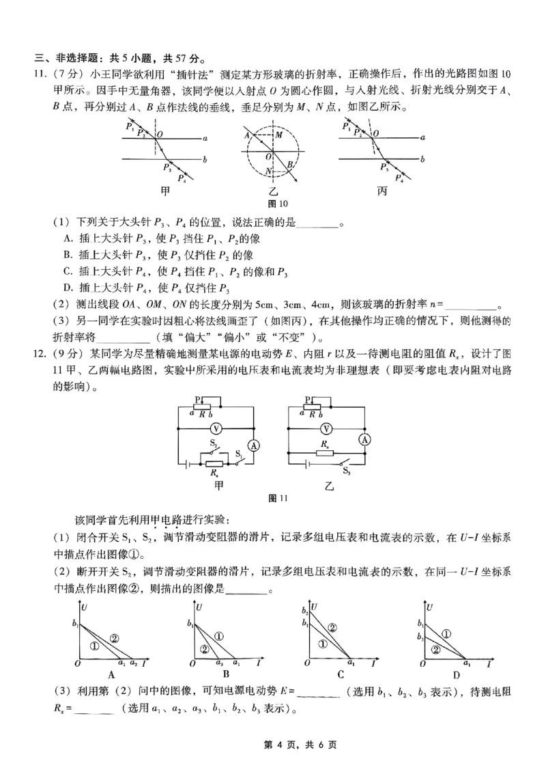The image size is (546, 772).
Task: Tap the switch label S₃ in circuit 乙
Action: point(347,471)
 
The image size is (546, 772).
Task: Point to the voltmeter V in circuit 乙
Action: point(326,429)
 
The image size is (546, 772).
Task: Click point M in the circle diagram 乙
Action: point(278,135)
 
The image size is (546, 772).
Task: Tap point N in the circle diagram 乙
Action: point(270,170)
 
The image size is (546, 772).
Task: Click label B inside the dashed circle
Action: point(290,165)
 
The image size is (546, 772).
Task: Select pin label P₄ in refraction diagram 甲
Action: point(182,179)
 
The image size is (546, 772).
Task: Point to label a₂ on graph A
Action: point(134,663)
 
